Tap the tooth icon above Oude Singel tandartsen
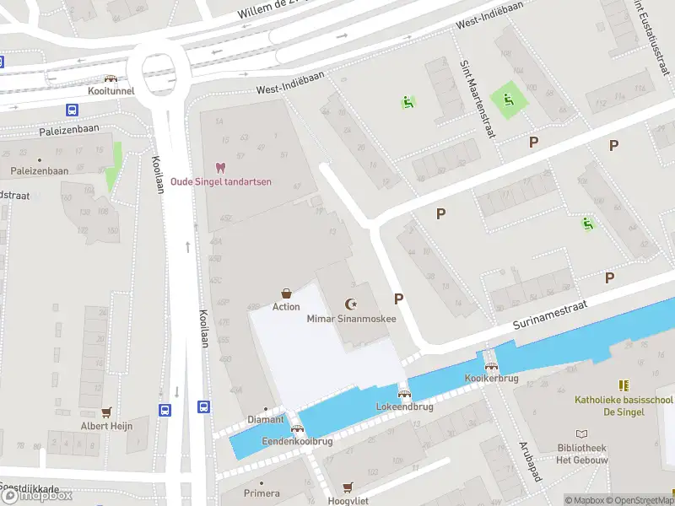[x=220, y=168]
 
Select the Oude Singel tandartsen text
[x=220, y=181]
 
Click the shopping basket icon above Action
[x=286, y=293]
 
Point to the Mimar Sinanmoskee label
[x=351, y=318]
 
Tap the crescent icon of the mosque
[x=351, y=304]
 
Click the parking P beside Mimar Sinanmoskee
[x=398, y=299]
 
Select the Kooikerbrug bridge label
[x=491, y=379]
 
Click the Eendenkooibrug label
[x=298, y=441]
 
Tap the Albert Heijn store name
[x=106, y=426]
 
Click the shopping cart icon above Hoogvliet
[x=348, y=487]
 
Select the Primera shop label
[x=261, y=493]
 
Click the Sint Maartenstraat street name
[x=476, y=90]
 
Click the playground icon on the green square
[x=508, y=100]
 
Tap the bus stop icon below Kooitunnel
[x=73, y=110]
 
